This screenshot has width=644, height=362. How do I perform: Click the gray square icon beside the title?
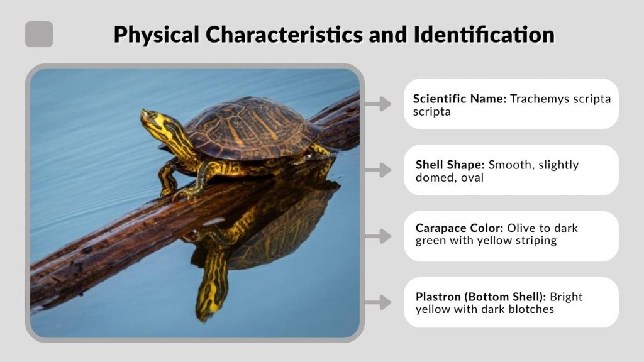(39, 34)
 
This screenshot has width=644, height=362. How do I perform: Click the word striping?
(535, 240)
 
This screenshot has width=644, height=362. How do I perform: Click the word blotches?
(531, 309)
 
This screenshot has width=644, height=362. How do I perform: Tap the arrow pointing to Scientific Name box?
(378, 104)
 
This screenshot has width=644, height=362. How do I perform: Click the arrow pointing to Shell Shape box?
(378, 170)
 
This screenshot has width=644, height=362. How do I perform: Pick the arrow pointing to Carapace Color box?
(378, 236)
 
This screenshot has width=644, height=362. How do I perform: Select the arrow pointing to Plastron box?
(378, 302)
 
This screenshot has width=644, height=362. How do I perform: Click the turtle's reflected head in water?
(211, 295)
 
